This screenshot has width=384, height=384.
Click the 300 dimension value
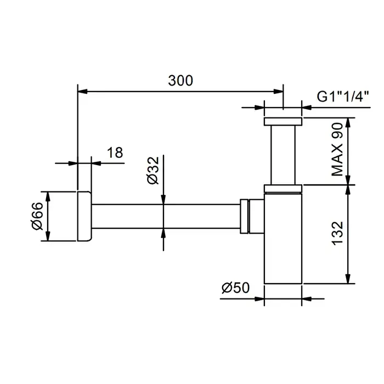(x=180, y=81)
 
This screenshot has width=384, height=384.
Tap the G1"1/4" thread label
(x=343, y=97)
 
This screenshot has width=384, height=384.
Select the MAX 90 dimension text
(x=337, y=149)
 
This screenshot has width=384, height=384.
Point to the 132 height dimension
(x=337, y=233)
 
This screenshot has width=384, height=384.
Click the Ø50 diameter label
(x=235, y=287)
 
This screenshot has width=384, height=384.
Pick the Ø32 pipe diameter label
(x=153, y=171)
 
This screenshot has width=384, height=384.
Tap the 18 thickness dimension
(x=115, y=153)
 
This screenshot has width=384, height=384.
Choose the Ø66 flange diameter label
(x=37, y=216)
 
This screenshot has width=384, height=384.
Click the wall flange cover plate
(x=84, y=216)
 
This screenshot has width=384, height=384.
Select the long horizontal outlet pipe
(x=166, y=216)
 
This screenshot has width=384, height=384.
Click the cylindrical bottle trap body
(x=283, y=238)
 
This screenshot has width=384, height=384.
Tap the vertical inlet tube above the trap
(x=283, y=155)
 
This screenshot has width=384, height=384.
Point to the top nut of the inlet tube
(x=283, y=121)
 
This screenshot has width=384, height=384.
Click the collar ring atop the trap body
(x=283, y=189)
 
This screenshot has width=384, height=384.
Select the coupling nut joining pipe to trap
(x=245, y=216)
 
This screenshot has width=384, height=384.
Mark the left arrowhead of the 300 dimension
(x=82, y=92)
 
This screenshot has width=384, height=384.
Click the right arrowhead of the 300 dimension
(x=279, y=92)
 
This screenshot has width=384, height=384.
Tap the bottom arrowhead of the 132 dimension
(x=348, y=279)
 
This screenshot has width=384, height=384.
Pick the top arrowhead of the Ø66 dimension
(x=48, y=196)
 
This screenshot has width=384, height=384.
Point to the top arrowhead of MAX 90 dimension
(x=348, y=123)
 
